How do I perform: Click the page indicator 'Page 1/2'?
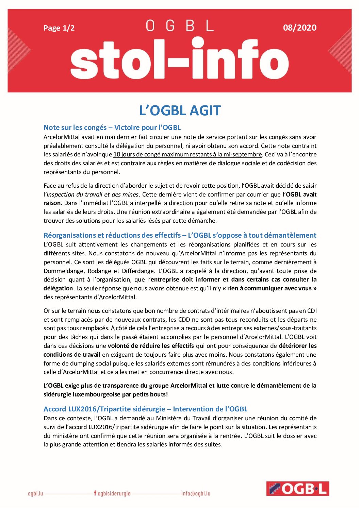[59, 28]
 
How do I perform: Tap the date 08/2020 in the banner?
[299, 28]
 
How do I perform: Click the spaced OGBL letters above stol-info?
[180, 26]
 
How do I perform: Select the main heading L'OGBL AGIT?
[180, 111]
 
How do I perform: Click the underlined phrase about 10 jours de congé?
[187, 154]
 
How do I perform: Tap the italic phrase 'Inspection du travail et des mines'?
[93, 194]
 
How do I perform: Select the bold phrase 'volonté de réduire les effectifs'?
[151, 346]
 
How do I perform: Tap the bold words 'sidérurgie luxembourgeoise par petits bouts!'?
[106, 394]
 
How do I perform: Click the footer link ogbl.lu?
[35, 493]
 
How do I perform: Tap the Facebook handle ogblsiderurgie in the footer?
[112, 493]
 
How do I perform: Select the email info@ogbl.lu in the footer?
[196, 493]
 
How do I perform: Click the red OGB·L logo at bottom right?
[297, 489]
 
